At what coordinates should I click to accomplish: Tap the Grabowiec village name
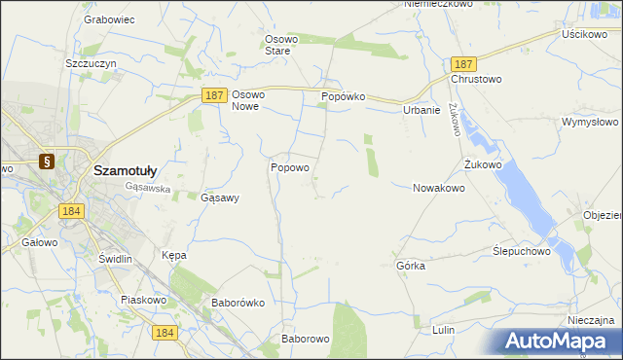[x=108, y=18]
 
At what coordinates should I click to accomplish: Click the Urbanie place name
[x=421, y=110]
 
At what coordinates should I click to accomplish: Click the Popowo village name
[x=289, y=167]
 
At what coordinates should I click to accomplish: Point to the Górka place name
[x=411, y=265]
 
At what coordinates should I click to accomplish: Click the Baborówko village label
[x=238, y=303]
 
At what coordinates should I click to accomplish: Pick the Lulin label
[x=444, y=330]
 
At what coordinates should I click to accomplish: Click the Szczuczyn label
[x=91, y=62]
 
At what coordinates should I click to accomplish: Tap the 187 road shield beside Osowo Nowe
[x=215, y=95]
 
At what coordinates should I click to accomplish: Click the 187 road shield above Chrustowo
[x=463, y=62]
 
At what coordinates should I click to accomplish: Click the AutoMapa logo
[x=561, y=341]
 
